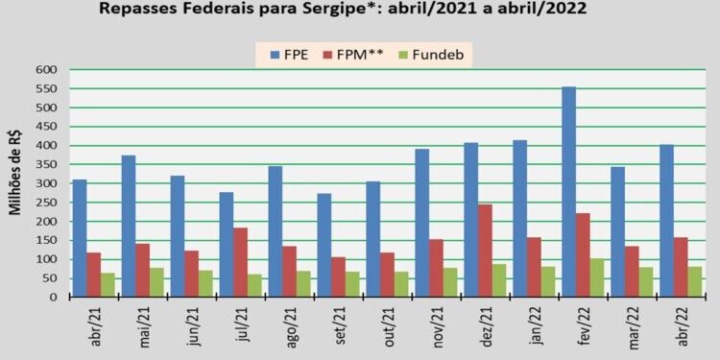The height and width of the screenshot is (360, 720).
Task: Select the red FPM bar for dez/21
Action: (x=486, y=251)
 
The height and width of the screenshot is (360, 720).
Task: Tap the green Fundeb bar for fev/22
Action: (x=598, y=277)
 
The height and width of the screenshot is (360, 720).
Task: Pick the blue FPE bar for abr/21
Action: (x=80, y=238)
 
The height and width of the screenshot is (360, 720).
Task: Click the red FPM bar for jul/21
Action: (x=240, y=262)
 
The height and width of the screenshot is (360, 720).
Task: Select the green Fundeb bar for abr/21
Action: (x=108, y=285)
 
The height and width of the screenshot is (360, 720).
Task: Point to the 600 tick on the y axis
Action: (x=48, y=70)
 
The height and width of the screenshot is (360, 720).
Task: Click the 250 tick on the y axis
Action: (x=48, y=203)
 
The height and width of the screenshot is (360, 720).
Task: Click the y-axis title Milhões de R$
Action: (x=16, y=183)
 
